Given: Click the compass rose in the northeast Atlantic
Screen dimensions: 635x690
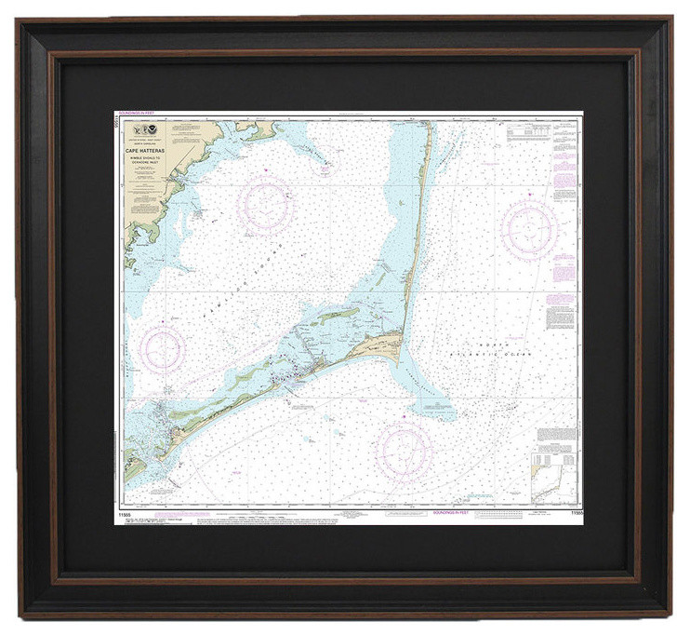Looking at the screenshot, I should pyautogui.click(x=529, y=228).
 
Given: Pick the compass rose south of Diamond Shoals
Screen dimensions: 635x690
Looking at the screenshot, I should pyautogui.click(x=405, y=451).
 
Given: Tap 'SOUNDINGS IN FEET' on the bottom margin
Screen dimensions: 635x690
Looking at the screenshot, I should pyautogui.click(x=453, y=511).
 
